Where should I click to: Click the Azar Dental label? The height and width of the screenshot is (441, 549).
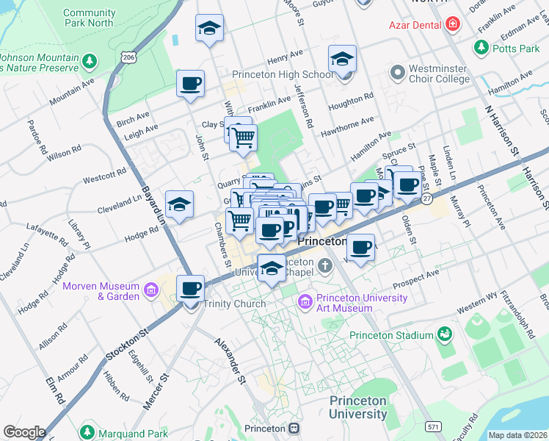415,24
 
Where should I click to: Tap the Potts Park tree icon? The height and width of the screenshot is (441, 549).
481,49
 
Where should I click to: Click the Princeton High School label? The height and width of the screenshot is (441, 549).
283,74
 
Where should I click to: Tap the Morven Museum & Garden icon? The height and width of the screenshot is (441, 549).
150,291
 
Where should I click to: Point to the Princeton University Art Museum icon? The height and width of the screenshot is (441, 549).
305,302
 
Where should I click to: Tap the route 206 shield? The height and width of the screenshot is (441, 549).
130,57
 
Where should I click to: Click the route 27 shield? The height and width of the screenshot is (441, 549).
426,198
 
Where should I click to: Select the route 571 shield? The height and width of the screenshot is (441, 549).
435,426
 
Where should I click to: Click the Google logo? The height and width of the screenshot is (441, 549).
24,432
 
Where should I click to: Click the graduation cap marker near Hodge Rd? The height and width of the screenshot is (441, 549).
179,205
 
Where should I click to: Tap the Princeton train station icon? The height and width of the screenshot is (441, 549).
294,428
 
